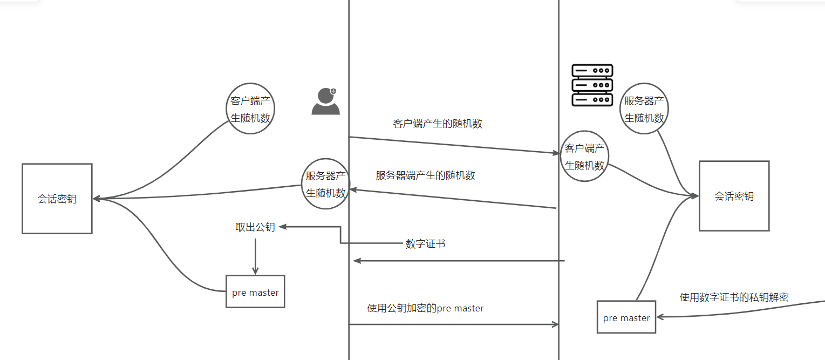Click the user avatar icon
(325, 102)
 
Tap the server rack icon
(592, 85)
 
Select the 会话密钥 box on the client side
(57, 199)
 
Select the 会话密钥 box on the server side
(734, 196)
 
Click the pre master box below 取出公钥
(255, 292)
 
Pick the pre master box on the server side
(626, 317)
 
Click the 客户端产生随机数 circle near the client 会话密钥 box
(250, 108)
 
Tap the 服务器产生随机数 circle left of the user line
(325, 184)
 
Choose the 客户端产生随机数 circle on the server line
(584, 157)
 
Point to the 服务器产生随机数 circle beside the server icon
(645, 108)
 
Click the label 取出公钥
(255, 227)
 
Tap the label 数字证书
(425, 244)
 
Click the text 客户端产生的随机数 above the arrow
(438, 124)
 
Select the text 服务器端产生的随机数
(425, 175)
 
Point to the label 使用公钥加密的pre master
(425, 309)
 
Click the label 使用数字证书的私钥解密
(734, 297)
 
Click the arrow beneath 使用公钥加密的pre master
(453, 324)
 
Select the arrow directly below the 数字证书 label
(459, 261)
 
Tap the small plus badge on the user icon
(333, 91)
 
